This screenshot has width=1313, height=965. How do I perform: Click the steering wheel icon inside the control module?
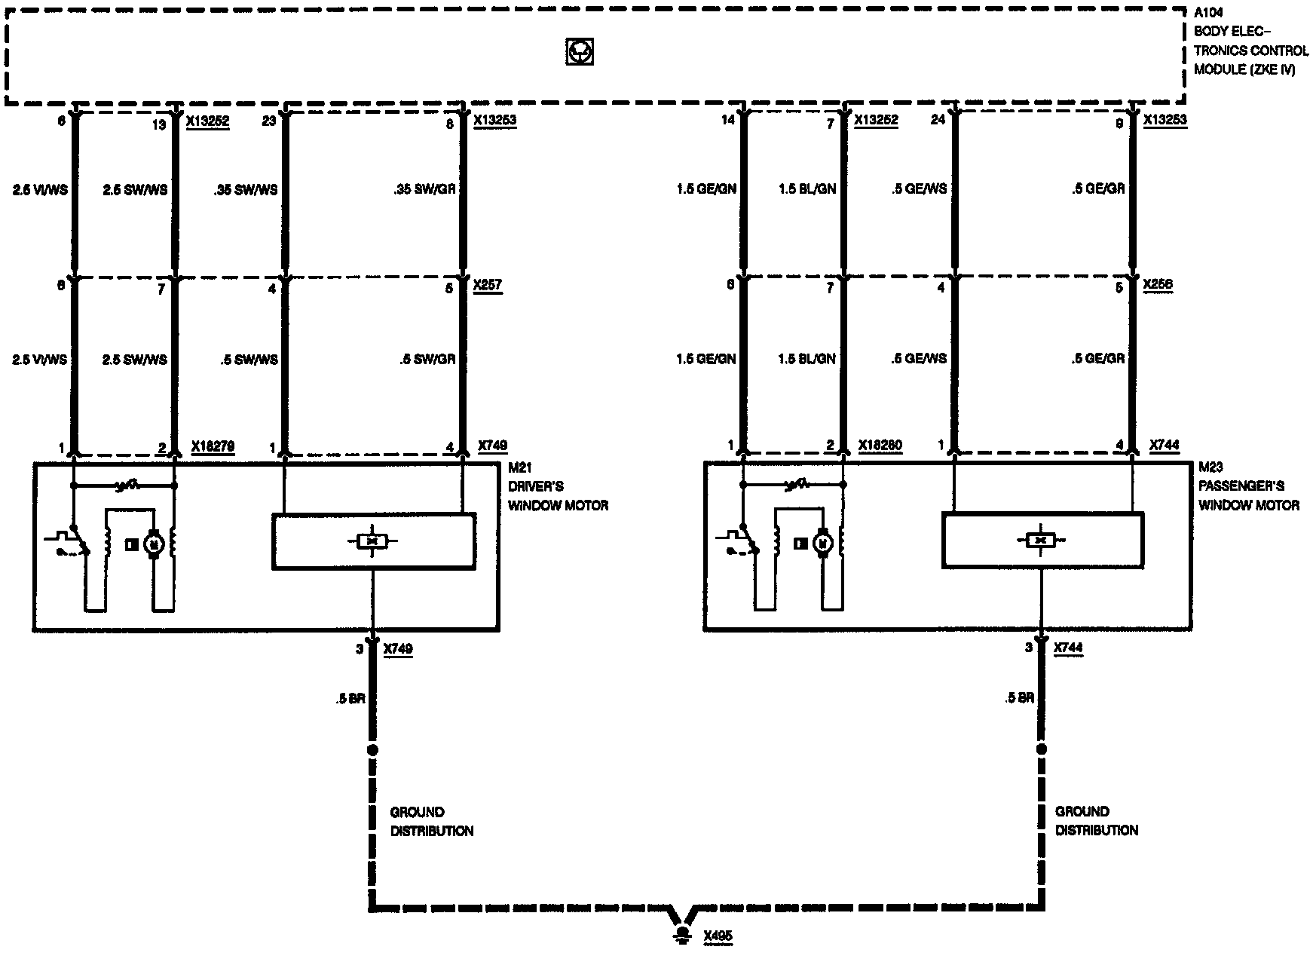pyautogui.click(x=579, y=52)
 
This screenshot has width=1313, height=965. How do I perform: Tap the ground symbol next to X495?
pyautogui.click(x=683, y=935)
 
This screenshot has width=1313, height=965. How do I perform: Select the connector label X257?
pyautogui.click(x=486, y=285)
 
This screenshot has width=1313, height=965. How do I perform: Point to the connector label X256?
pyautogui.click(x=1157, y=285)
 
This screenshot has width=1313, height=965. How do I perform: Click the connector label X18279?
pyautogui.click(x=213, y=446)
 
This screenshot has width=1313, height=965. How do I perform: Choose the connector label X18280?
pyautogui.click(x=880, y=446)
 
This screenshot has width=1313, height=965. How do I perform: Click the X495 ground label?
pyautogui.click(x=718, y=936)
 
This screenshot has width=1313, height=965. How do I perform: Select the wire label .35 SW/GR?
pyautogui.click(x=425, y=188)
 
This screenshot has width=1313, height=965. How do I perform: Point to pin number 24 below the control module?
pyautogui.click(x=938, y=119)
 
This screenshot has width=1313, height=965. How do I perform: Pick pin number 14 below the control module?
pyautogui.click(x=727, y=119)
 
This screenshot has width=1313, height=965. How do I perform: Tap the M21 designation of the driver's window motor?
pyautogui.click(x=520, y=468)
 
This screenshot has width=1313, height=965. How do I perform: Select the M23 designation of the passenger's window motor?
pyautogui.click(x=1210, y=467)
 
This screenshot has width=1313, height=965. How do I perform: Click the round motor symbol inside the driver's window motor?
pyautogui.click(x=155, y=543)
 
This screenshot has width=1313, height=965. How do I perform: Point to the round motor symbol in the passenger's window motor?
pyautogui.click(x=823, y=542)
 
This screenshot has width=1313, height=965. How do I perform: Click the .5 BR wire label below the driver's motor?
pyautogui.click(x=350, y=699)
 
